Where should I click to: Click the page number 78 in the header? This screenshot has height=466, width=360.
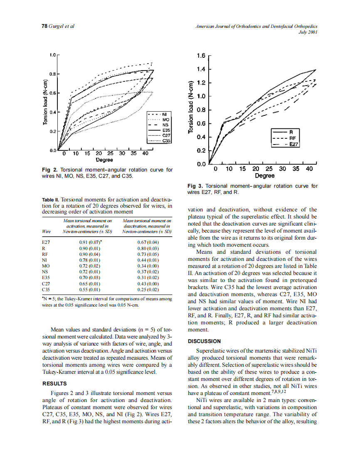44,26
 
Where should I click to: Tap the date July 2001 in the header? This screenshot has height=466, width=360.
308,32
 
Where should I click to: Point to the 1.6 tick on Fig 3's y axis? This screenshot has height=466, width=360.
201,56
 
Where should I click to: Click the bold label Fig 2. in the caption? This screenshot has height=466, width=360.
50,170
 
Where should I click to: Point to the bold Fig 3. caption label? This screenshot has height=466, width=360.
196,186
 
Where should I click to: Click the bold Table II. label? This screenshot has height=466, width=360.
51,200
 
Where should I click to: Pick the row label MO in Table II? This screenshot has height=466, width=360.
46,265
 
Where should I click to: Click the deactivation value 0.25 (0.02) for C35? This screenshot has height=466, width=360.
148,288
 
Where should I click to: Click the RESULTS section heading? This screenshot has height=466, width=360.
55,383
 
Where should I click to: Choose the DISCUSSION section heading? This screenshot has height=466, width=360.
205,341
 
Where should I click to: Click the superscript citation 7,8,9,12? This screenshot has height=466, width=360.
278,391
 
